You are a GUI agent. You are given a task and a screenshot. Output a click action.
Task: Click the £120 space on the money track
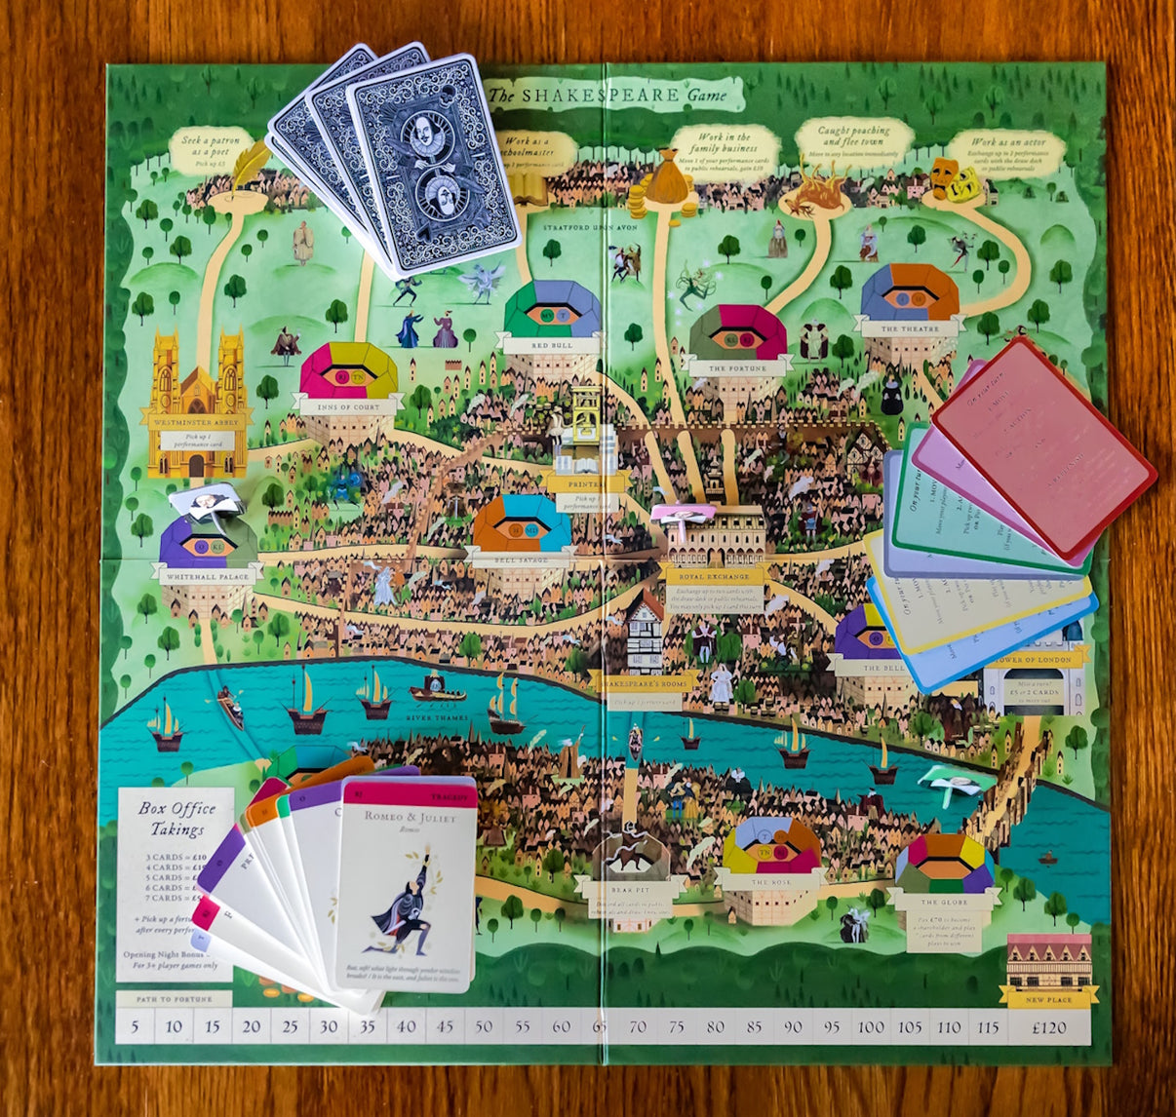pos(1049,1027)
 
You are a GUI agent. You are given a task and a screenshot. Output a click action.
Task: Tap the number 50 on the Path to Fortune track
pos(484,1027)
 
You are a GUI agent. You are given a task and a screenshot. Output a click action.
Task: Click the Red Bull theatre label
pos(550,345)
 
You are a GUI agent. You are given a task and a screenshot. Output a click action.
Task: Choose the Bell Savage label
pos(520,560)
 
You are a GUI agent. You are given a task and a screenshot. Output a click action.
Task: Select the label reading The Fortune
pos(737,369)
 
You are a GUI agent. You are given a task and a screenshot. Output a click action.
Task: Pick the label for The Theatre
pos(909,329)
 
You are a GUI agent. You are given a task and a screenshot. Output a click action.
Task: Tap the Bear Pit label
pos(630,889)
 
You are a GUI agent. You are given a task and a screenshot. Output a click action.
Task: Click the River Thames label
pos(438,718)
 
